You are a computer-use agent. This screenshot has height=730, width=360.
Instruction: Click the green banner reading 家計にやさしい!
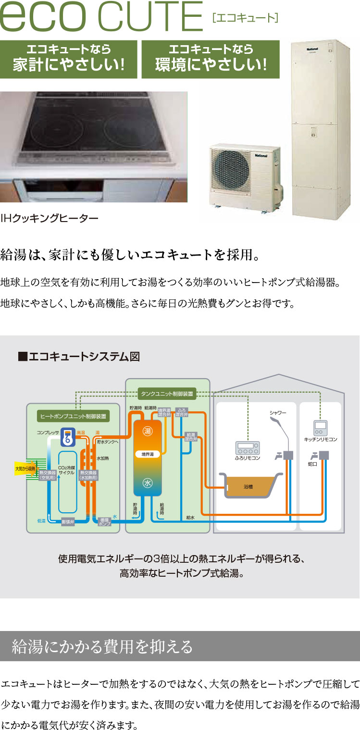[68, 59]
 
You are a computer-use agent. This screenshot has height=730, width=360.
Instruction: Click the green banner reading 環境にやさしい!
[211, 59]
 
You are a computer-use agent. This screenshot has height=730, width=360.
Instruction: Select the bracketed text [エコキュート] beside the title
[245, 19]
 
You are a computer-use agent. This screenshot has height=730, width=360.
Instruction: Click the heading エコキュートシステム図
[79, 356]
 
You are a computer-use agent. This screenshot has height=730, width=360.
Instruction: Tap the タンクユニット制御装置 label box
[167, 394]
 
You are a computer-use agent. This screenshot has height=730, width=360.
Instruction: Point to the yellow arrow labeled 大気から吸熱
[25, 468]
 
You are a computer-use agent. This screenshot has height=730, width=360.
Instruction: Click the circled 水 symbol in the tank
[148, 483]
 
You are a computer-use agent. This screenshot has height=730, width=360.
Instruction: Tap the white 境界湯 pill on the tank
[148, 454]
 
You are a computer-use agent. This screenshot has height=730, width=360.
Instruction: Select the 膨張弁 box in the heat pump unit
[68, 522]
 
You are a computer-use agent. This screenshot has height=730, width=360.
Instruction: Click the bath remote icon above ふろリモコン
[247, 448]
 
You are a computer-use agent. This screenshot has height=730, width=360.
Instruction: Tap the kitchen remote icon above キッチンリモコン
[320, 427]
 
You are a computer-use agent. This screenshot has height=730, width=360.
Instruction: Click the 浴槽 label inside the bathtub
[248, 487]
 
